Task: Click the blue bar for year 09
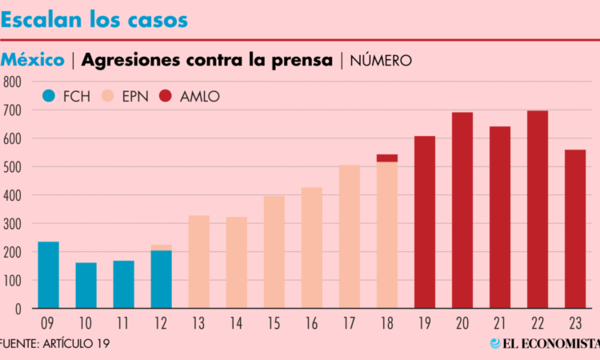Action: (x=48, y=274)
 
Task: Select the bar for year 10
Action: (x=86, y=286)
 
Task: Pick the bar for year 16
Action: (x=311, y=248)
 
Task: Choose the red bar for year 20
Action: (x=462, y=210)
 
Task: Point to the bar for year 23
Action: (x=574, y=229)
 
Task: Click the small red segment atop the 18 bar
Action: (x=386, y=158)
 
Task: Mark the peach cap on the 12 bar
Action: (x=161, y=247)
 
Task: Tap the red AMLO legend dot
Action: (x=166, y=97)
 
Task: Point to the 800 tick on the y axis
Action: (x=11, y=82)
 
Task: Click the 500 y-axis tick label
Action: (x=11, y=166)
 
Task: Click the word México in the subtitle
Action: (x=33, y=60)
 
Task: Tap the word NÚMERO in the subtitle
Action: (x=381, y=60)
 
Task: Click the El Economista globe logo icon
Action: (x=495, y=343)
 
